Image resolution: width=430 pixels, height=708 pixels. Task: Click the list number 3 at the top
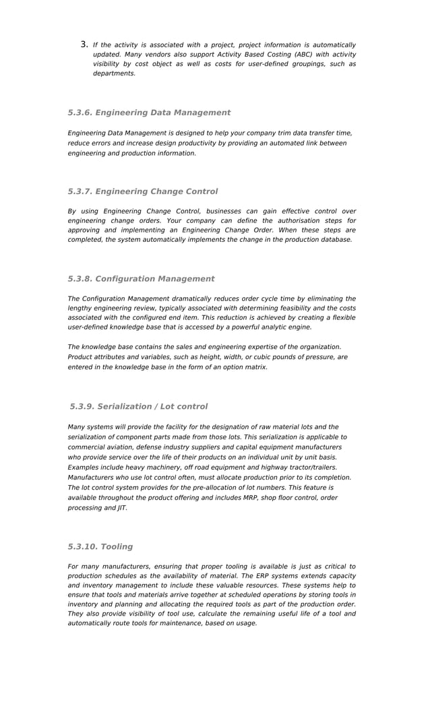point(84,44)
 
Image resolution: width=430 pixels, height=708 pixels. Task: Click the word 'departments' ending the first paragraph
point(114,73)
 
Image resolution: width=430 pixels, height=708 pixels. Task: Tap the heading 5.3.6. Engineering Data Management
point(149,112)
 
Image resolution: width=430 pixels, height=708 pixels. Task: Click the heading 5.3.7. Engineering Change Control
point(143,191)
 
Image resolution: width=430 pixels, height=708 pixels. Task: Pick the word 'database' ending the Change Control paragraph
point(336,239)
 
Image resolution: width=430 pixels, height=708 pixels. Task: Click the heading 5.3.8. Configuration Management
point(141,278)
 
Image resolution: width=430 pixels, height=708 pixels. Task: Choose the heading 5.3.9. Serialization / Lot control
point(139,406)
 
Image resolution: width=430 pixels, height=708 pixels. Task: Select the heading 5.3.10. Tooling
point(100,546)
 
